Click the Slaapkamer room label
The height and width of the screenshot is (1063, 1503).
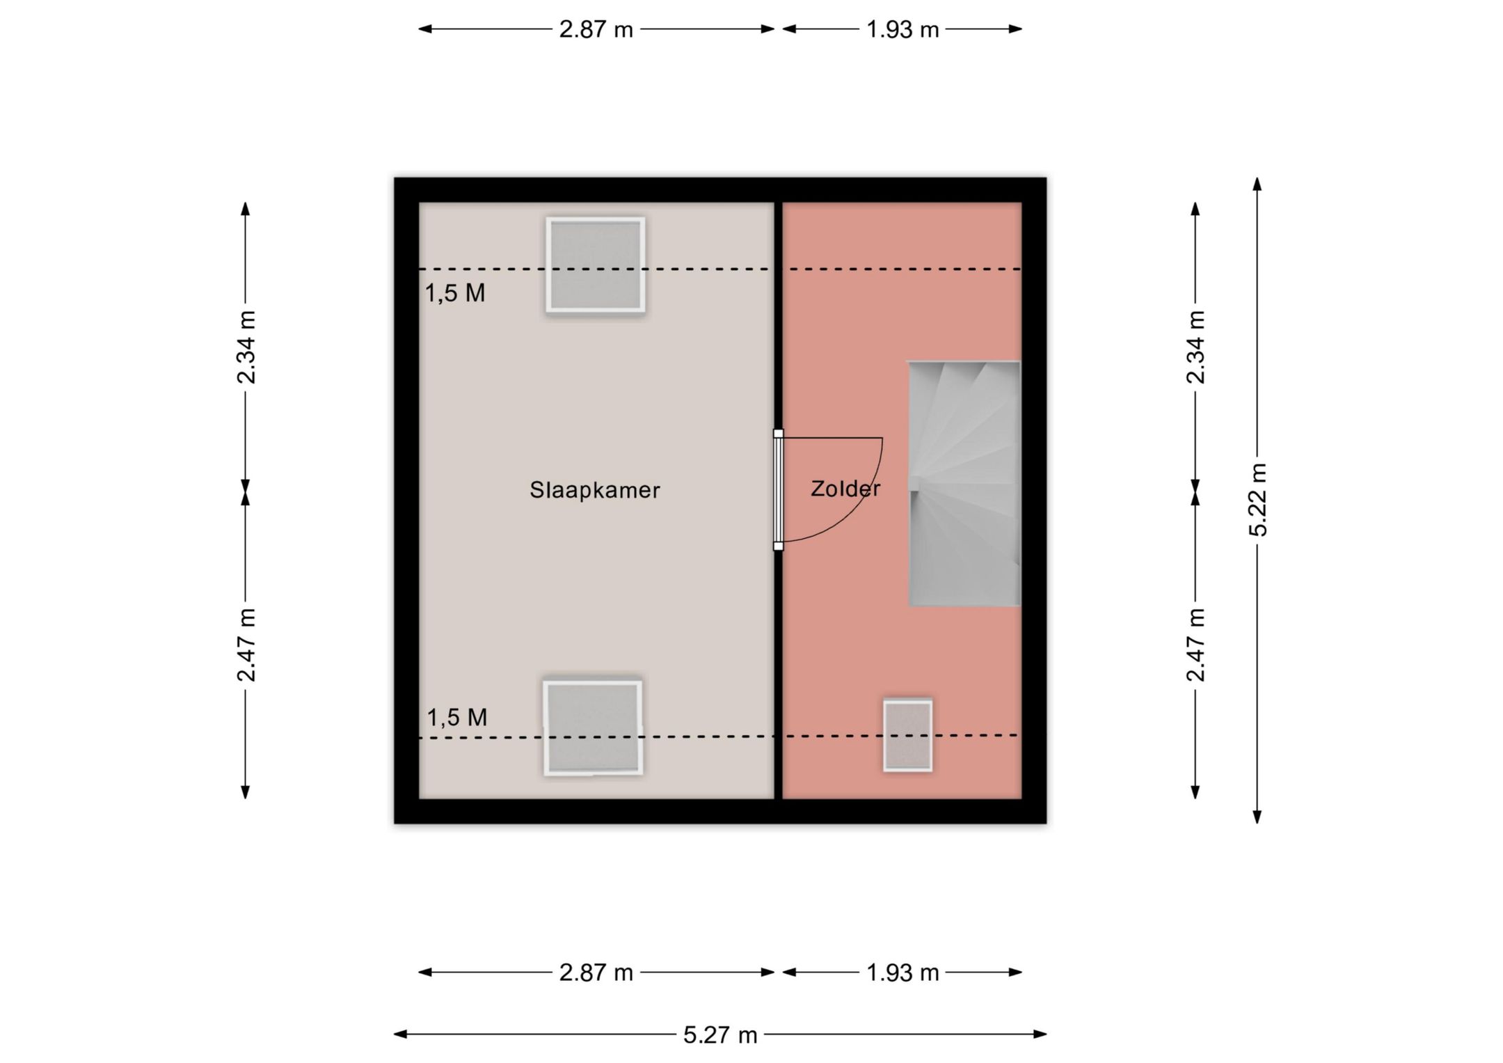pos(594,490)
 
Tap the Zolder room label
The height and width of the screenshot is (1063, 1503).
pos(845,489)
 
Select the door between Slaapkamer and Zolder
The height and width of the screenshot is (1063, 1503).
pos(779,490)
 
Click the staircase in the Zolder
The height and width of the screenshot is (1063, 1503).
pos(964,483)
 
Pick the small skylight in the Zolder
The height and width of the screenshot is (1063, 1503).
pos(908,736)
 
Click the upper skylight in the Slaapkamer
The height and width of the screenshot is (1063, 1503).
pos(596,265)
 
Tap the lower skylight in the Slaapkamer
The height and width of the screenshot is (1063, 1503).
pos(593,728)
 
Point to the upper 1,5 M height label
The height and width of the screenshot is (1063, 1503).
pos(455,293)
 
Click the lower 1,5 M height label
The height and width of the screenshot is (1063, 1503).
pos(456,717)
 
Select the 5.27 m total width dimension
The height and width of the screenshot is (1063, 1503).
pos(720,1034)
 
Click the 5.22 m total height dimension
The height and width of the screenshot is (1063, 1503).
pos(1258,500)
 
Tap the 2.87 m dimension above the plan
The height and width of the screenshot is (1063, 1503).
pos(596,29)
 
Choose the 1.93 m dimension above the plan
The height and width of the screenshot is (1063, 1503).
pos(902,29)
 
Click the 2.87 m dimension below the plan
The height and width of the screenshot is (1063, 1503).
pos(596,973)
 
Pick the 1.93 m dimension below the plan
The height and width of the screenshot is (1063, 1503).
pos(902,973)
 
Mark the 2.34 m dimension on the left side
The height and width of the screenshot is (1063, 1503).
pos(246,347)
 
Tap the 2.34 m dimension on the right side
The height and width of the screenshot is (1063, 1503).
pos(1195,347)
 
